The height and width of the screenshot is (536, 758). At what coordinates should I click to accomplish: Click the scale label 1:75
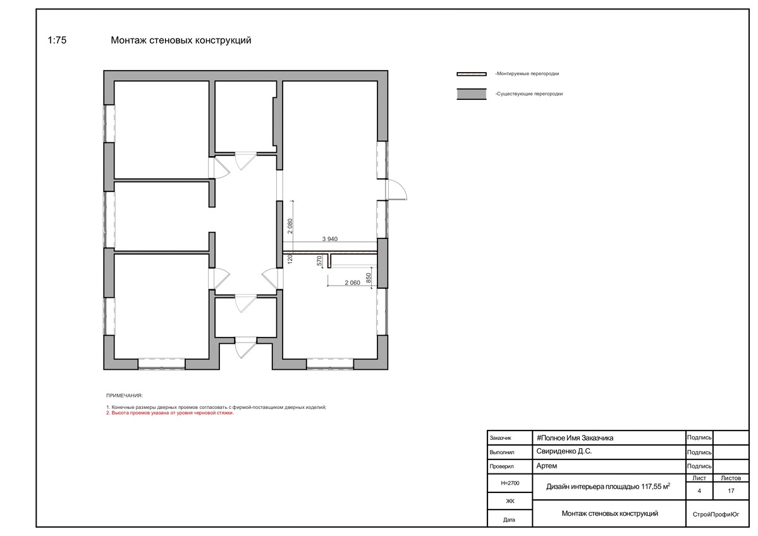click(x=57, y=40)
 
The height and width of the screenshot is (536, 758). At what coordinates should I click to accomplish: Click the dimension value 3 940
click(x=330, y=239)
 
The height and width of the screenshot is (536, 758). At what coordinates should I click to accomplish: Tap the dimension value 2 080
click(x=290, y=226)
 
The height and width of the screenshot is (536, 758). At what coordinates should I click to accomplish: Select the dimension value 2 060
click(x=352, y=283)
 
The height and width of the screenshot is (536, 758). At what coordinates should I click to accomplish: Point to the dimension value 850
click(x=369, y=278)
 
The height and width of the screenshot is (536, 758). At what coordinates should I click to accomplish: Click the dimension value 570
click(x=319, y=261)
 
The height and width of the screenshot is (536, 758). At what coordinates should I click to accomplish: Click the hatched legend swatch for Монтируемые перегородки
click(x=472, y=74)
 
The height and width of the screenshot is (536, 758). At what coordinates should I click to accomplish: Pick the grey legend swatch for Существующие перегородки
click(x=472, y=94)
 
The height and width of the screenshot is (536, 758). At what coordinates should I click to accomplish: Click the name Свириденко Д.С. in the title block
click(x=564, y=451)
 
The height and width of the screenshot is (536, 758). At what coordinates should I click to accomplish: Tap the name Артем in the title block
click(x=547, y=466)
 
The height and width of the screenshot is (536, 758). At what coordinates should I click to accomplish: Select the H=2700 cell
click(x=510, y=483)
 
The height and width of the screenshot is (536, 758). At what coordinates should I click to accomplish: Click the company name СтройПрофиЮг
click(x=716, y=515)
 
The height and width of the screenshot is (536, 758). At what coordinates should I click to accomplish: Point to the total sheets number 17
click(x=731, y=490)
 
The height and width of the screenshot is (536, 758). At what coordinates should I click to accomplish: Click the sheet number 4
click(x=699, y=490)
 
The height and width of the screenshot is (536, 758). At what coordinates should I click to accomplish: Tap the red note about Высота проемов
click(x=170, y=413)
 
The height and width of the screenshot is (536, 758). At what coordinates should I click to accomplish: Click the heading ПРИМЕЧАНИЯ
click(x=125, y=396)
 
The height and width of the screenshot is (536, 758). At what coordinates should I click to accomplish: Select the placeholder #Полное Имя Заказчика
click(x=575, y=438)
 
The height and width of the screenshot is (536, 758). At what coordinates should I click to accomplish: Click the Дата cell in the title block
click(x=509, y=520)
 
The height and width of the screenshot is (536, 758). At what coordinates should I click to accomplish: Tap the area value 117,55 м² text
click(x=656, y=486)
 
